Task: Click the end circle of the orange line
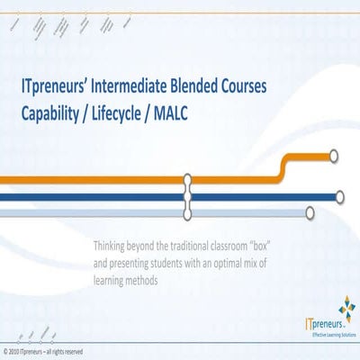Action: click(x=334, y=157)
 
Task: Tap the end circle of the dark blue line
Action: click(x=338, y=196)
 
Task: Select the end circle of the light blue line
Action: click(x=310, y=213)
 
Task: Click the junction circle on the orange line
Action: click(x=188, y=180)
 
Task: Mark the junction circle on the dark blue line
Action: click(x=188, y=196)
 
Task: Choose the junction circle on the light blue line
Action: click(x=188, y=213)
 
